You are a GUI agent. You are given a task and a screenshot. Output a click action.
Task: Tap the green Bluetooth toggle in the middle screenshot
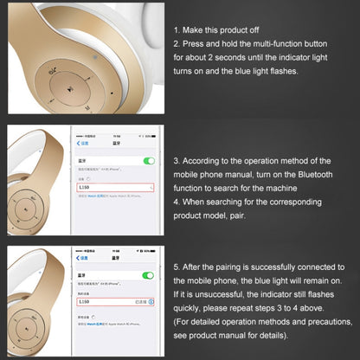(148, 161)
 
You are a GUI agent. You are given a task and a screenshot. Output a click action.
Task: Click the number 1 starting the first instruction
(177, 30)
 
